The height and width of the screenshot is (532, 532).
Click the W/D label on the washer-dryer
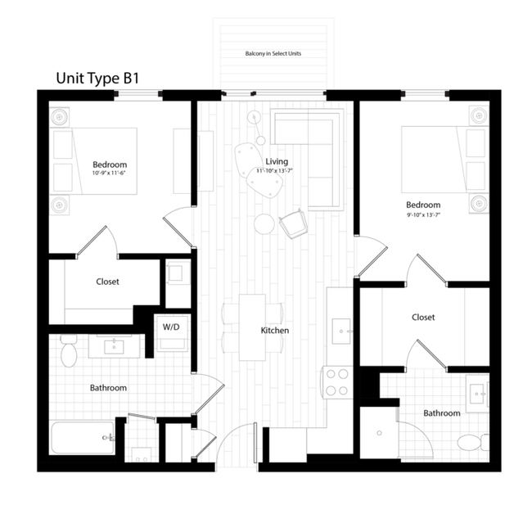tap(172, 327)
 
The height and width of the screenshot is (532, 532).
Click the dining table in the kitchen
tap(252, 327)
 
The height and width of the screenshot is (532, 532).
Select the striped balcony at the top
tap(273, 52)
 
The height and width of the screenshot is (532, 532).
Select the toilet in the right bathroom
tap(471, 443)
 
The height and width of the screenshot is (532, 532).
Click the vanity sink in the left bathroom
tap(111, 345)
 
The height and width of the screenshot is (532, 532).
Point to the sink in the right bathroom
tap(476, 393)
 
